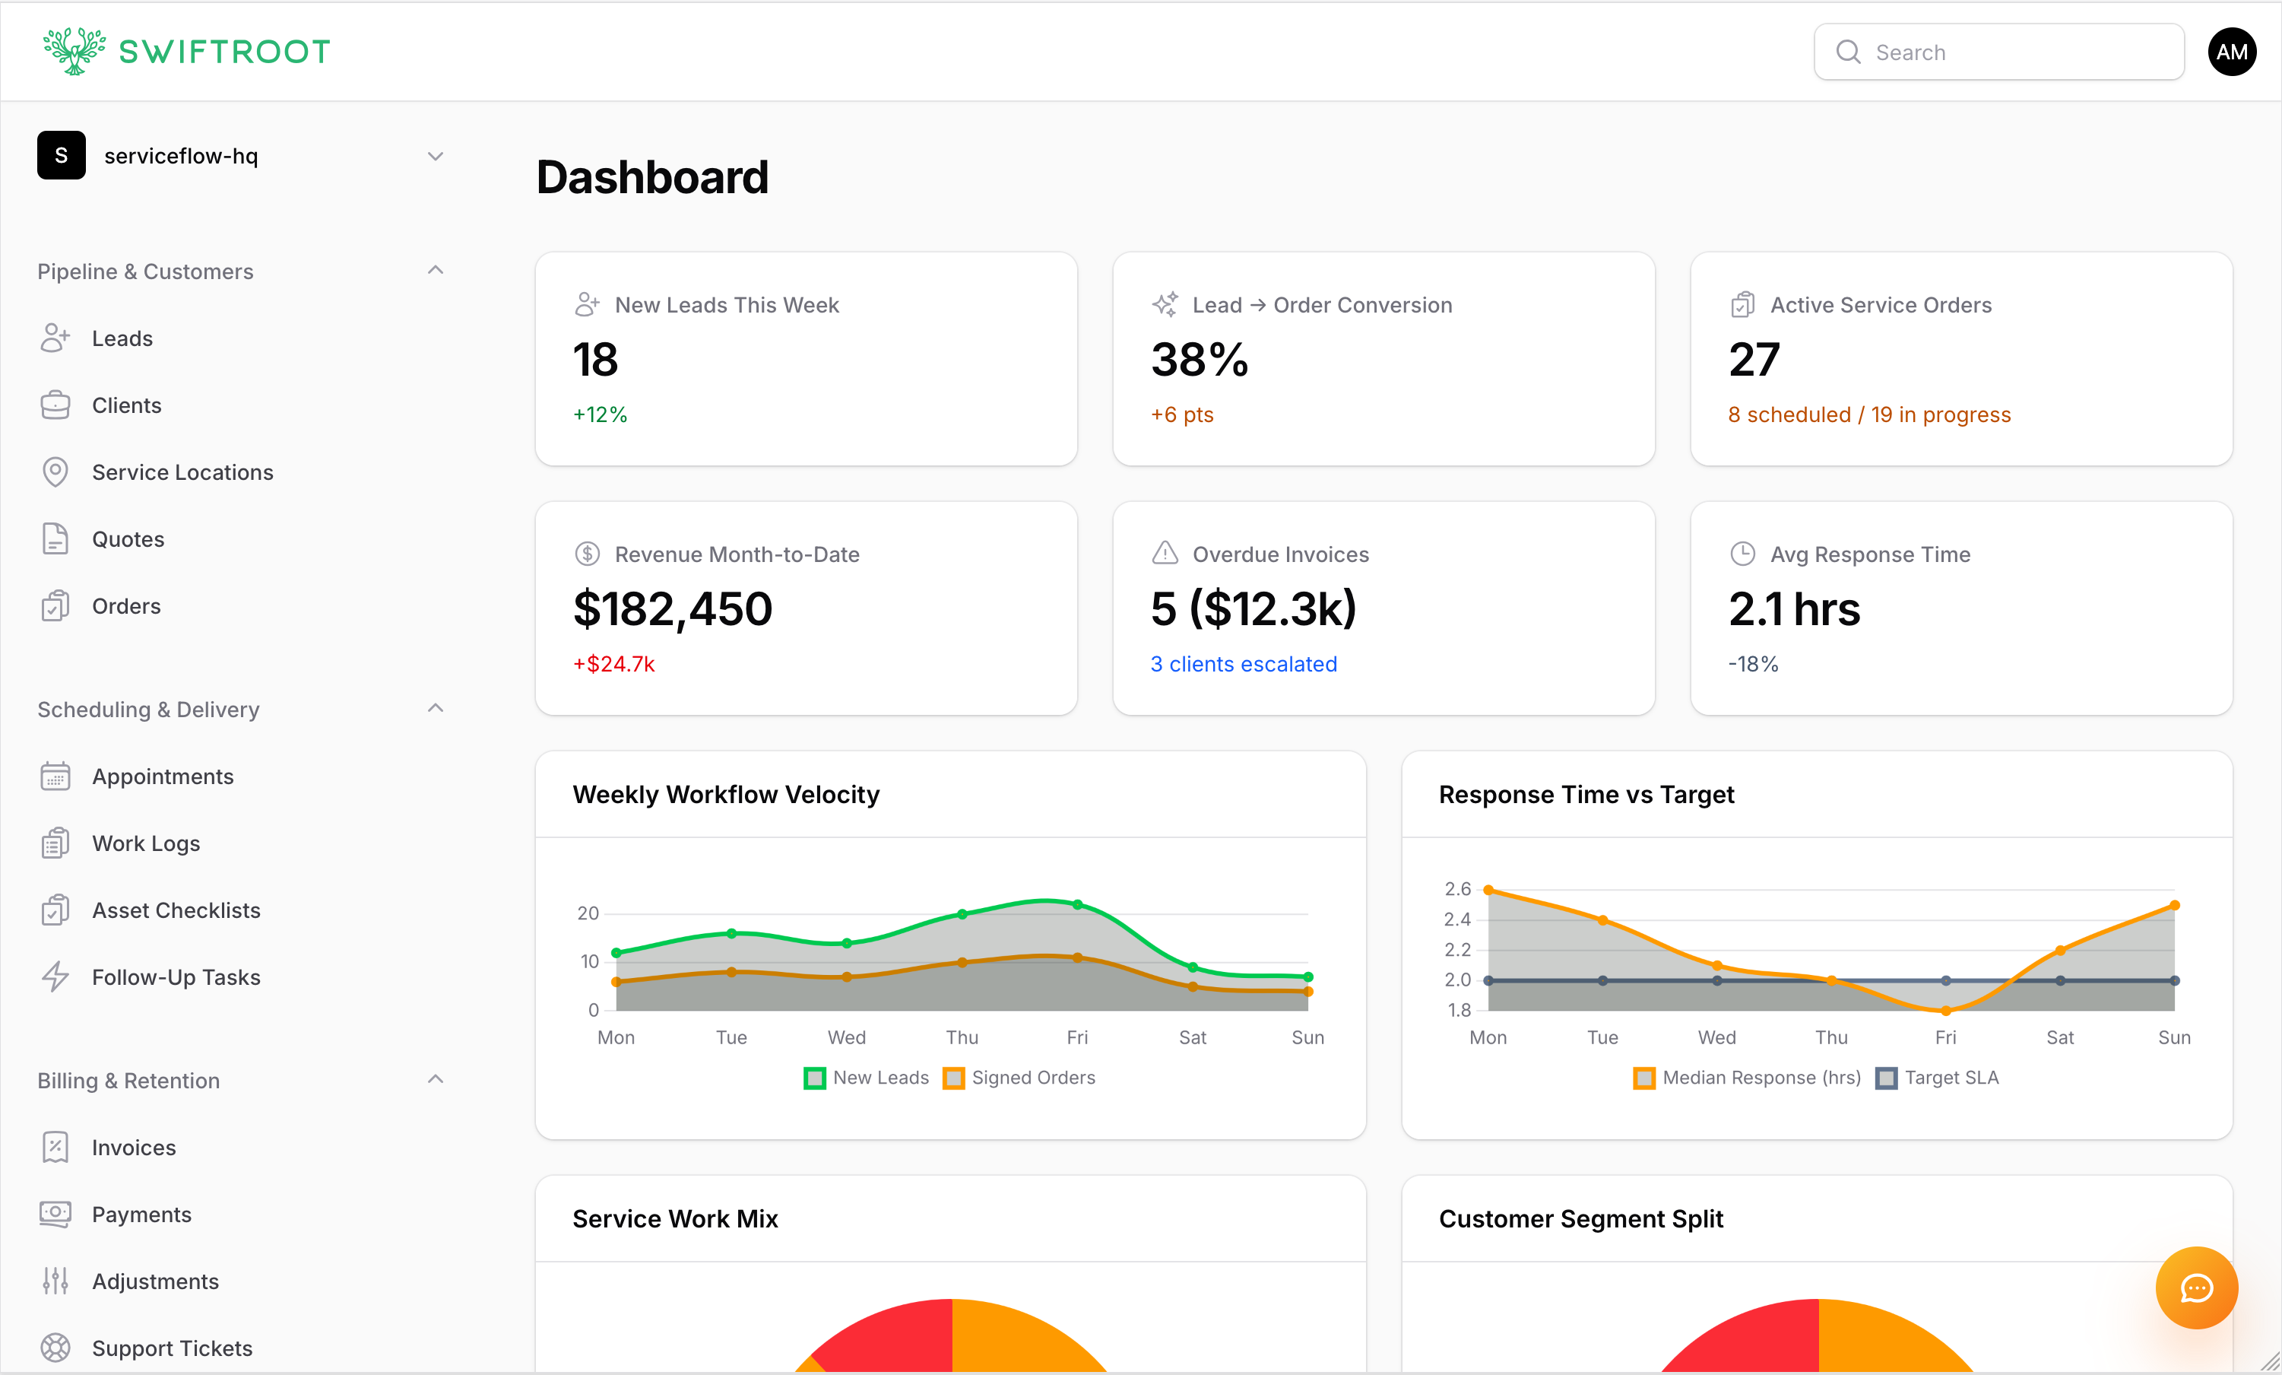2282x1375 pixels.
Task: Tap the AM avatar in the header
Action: [2231, 52]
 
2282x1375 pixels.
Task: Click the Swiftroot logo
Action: [186, 51]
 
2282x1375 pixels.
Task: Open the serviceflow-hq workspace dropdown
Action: [434, 156]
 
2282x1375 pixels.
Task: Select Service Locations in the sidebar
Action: [182, 472]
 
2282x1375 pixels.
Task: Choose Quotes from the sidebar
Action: [128, 539]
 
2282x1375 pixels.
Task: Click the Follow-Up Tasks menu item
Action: [176, 977]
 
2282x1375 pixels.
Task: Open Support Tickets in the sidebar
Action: [171, 1348]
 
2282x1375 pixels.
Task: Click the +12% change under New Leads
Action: [600, 414]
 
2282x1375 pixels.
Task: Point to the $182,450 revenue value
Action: [673, 608]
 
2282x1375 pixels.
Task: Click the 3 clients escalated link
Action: [1243, 665]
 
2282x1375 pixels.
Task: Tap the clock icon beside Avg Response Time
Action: [1742, 554]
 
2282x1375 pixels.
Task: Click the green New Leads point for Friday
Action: [1077, 904]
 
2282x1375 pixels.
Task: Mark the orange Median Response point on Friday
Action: [1946, 1011]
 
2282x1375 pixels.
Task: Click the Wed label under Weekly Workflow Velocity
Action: [847, 1038]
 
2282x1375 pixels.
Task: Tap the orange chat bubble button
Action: [2196, 1288]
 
